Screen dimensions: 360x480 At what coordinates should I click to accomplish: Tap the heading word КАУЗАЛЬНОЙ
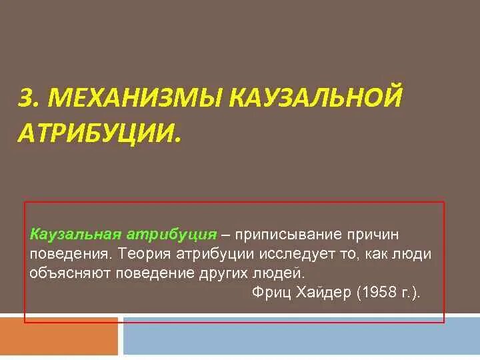(317, 98)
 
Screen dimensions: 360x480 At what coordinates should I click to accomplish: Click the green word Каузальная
(74, 235)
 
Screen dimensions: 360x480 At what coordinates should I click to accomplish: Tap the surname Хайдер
(320, 293)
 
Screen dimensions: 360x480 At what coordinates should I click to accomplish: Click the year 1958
(375, 293)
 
